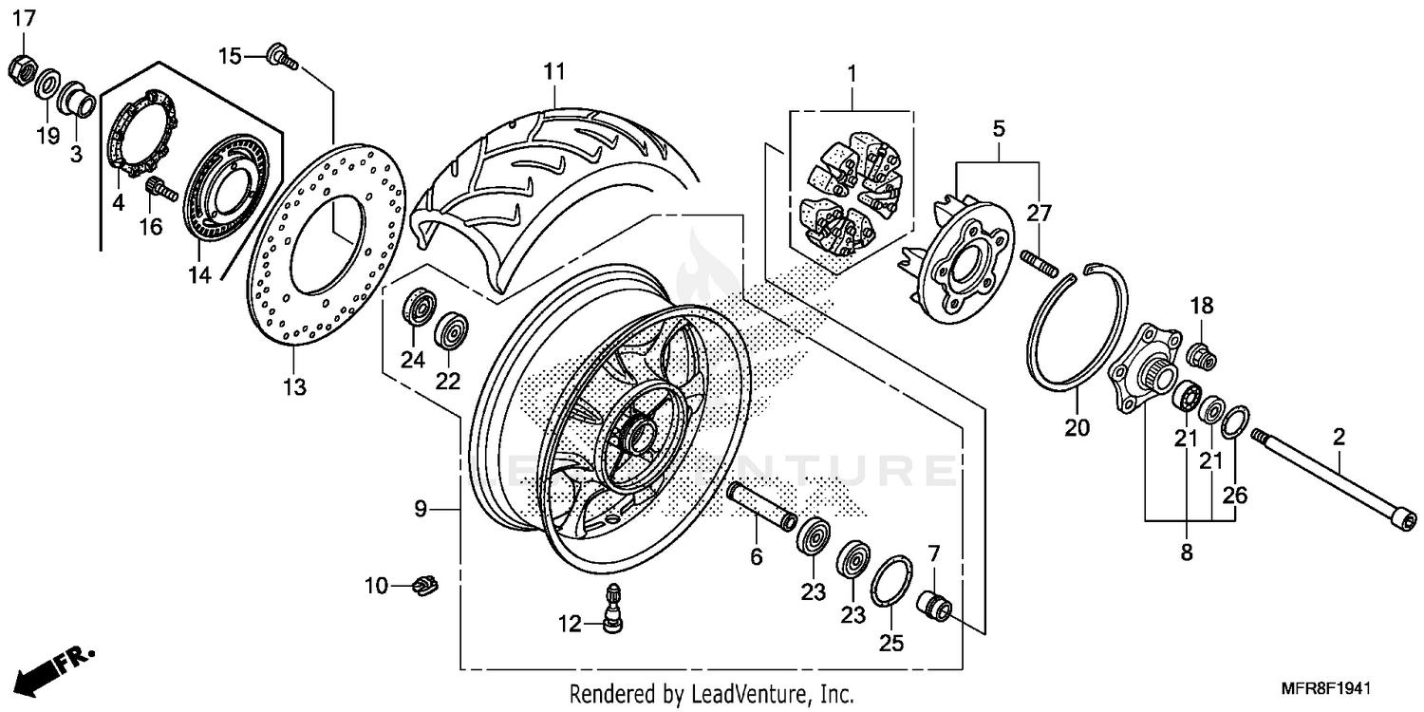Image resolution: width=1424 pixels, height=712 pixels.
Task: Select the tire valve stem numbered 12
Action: tap(612, 607)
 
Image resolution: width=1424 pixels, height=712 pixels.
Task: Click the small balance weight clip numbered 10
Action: tap(427, 586)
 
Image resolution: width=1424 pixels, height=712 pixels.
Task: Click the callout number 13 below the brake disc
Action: tap(294, 386)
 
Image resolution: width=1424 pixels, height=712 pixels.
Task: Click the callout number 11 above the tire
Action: tap(554, 71)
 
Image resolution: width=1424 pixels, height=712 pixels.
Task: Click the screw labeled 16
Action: tap(163, 192)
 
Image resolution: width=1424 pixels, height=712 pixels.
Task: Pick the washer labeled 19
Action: tap(46, 88)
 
